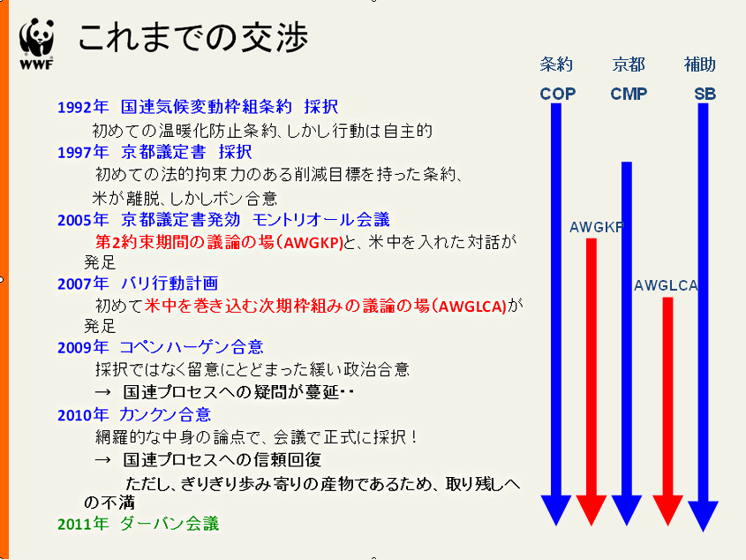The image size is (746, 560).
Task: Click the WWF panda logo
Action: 36,44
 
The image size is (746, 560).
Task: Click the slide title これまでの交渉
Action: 193,37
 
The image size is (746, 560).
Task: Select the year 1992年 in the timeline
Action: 83,107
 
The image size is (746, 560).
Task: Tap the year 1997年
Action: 83,153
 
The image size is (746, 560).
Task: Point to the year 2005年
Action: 83,220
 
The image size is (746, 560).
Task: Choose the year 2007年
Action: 83,284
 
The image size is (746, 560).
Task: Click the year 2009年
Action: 83,347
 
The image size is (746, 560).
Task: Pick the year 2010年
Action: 83,415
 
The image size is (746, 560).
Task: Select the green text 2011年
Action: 83,524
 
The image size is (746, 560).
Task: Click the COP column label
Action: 558,94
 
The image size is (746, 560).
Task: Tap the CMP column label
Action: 629,94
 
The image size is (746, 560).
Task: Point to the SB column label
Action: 705,94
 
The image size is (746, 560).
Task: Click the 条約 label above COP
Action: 556,64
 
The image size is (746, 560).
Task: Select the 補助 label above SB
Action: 700,64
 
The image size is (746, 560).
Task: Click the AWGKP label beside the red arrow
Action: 597,227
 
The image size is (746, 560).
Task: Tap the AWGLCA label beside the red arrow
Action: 666,285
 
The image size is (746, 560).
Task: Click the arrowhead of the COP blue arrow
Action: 555,510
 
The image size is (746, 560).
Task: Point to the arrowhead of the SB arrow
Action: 703,516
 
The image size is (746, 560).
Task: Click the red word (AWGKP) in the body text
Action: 313,243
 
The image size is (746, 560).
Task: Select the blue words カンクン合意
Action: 165,415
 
